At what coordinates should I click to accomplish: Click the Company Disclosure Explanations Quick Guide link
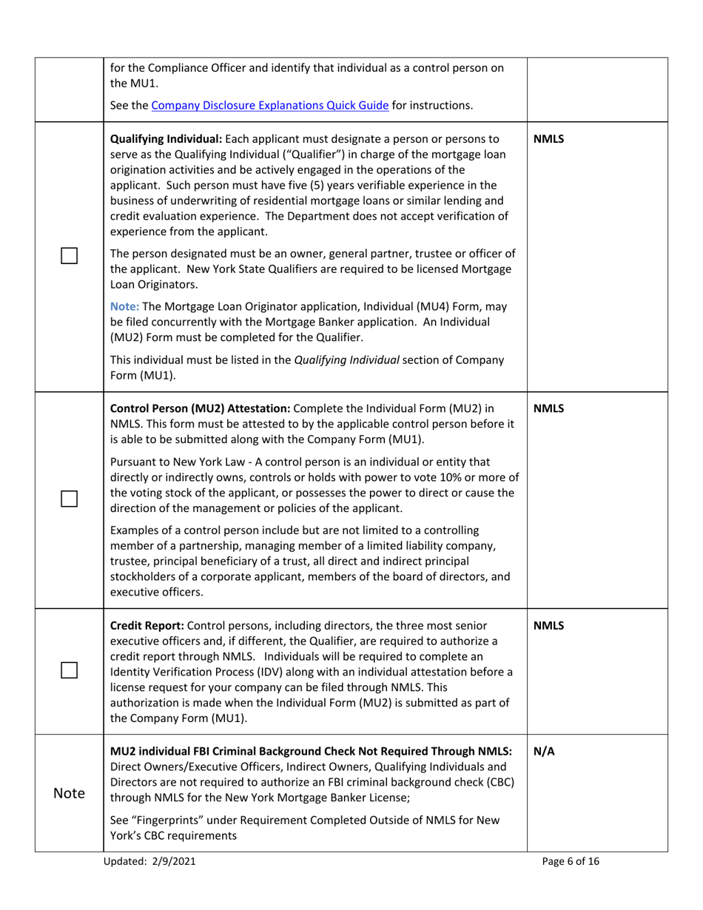click(x=270, y=105)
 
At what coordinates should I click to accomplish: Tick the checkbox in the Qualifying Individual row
click(x=69, y=256)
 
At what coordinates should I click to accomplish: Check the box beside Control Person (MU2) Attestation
click(x=69, y=499)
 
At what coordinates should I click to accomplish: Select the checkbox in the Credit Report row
click(x=69, y=670)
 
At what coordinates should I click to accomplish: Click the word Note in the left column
click(x=69, y=793)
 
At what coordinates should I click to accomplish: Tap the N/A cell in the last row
click(x=544, y=751)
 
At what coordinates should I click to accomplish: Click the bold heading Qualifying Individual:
click(x=166, y=138)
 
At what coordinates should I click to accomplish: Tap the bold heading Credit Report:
click(x=147, y=625)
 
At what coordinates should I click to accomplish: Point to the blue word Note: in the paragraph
click(x=125, y=306)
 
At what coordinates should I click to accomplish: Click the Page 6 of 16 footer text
click(x=571, y=860)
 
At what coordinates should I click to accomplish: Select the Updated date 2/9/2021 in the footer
click(x=175, y=860)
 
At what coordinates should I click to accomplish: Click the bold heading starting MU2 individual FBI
click(x=311, y=751)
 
